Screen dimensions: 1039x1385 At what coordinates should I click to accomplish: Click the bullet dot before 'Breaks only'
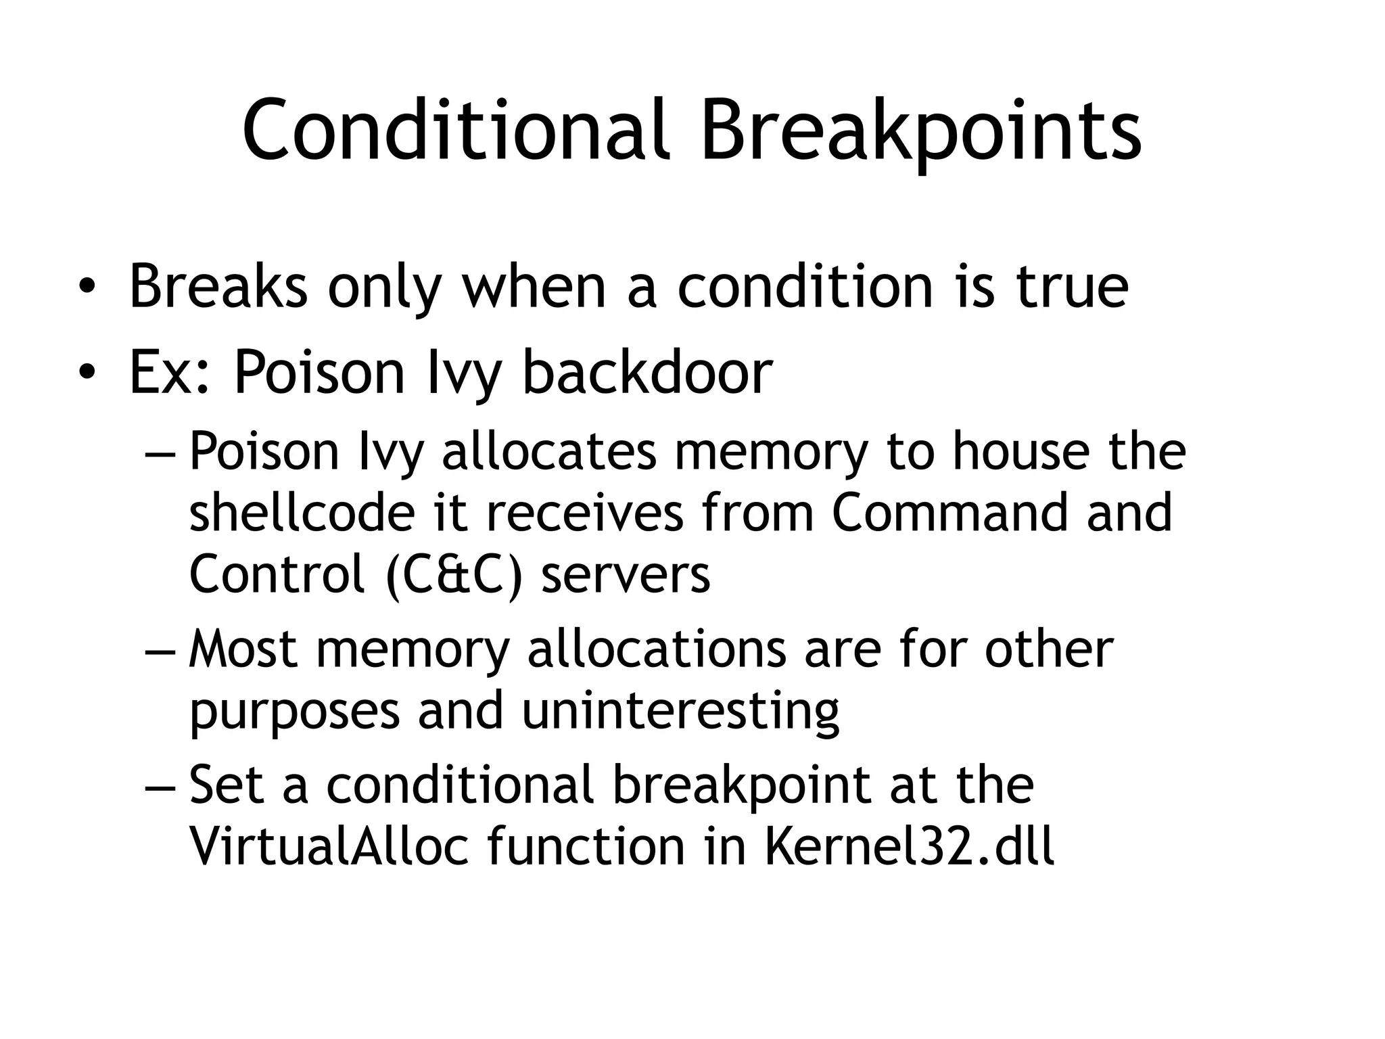coord(86,287)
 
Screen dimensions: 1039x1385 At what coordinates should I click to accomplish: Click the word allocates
coord(548,451)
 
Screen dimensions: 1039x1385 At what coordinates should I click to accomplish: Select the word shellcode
coord(301,512)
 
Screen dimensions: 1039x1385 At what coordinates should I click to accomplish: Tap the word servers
coord(626,575)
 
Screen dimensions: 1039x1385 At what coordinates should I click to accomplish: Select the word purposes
coord(295,711)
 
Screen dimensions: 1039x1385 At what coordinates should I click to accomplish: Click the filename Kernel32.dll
coord(909,846)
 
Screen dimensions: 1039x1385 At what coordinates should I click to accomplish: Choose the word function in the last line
coord(586,846)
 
